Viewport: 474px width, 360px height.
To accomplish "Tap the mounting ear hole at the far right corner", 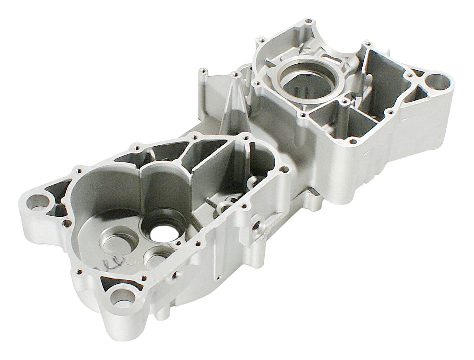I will [x=434, y=82].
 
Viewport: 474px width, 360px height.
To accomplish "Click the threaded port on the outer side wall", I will [x=256, y=225].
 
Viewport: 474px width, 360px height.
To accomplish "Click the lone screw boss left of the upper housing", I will [x=204, y=72].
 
